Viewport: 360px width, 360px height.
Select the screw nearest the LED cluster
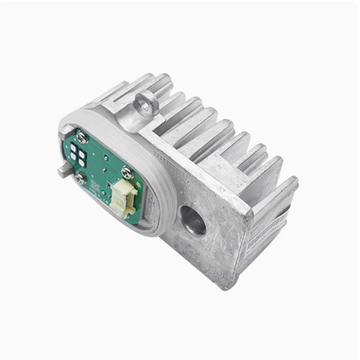81,137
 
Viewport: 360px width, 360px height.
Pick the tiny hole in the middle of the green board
105,158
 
